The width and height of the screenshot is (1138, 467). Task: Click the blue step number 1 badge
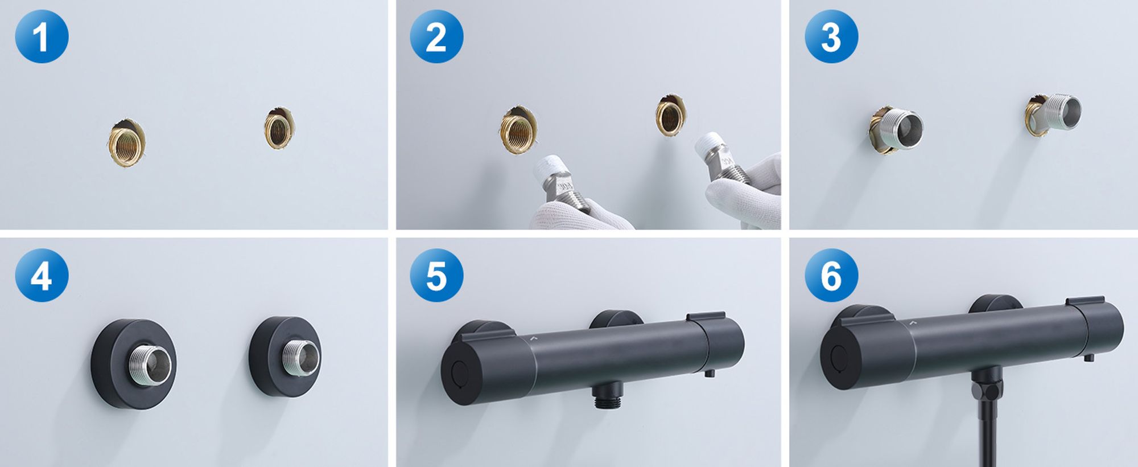(42, 36)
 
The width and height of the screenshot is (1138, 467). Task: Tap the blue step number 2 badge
(436, 36)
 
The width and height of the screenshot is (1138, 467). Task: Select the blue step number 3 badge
(831, 36)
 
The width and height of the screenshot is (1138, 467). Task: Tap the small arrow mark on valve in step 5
(534, 338)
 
